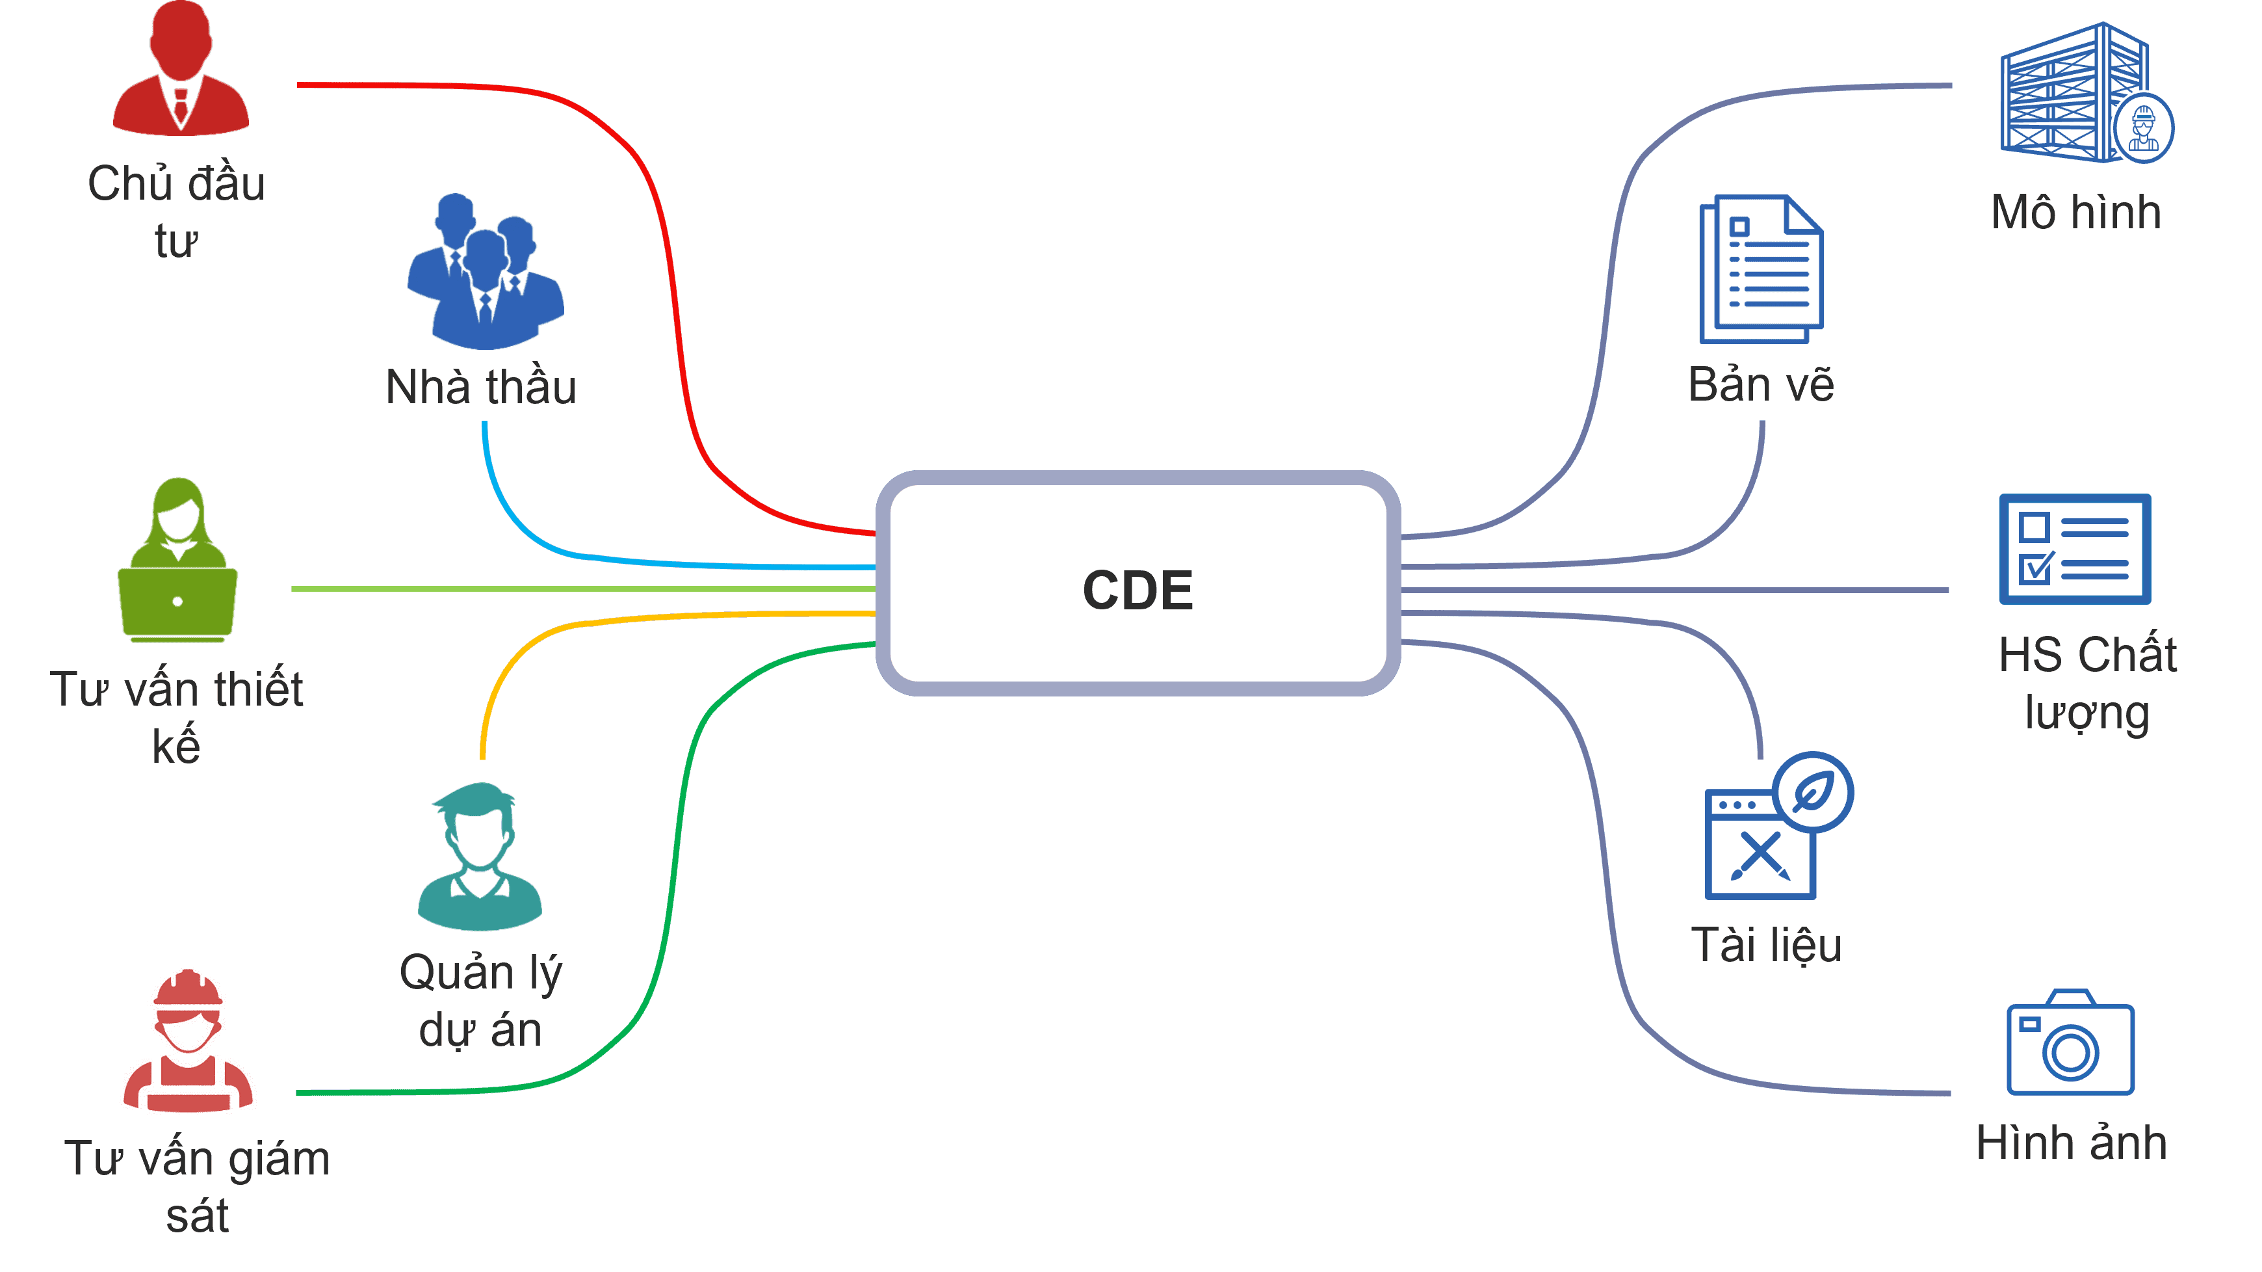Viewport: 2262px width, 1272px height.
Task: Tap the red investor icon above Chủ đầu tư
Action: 181,70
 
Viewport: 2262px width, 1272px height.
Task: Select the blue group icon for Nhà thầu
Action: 485,272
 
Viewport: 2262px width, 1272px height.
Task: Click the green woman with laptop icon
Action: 178,563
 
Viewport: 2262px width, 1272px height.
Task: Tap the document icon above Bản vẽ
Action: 1761,268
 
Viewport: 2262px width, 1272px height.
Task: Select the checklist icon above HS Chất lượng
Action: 2075,549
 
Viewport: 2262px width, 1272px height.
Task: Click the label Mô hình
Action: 2076,213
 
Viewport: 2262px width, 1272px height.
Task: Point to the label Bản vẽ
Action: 1761,385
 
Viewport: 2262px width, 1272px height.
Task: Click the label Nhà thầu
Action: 481,388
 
